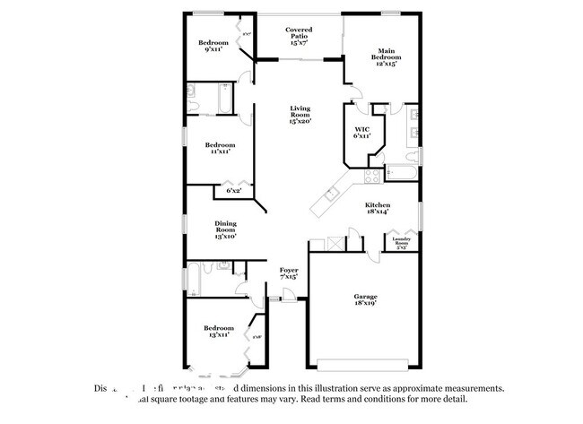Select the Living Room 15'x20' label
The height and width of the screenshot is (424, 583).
coord(299,115)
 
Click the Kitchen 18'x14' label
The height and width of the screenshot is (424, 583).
coord(377,208)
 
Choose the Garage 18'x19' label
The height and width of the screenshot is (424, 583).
coord(363,300)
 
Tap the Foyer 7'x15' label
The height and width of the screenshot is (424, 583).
coord(288,273)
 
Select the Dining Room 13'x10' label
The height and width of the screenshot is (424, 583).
coord(224,229)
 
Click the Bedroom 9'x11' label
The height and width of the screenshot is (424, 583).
coord(213,46)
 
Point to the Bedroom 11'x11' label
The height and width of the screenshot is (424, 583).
coord(219,148)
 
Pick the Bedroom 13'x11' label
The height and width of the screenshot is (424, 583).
coord(217,331)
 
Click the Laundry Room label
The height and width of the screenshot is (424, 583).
coord(401,242)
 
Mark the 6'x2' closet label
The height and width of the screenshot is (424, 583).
coord(233,191)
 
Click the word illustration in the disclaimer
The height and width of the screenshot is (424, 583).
coord(326,389)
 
